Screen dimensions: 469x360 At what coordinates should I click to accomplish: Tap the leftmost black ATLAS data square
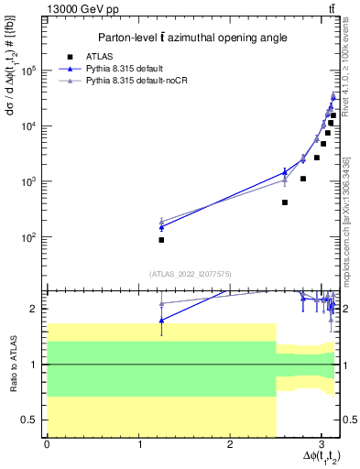(x=161, y=240)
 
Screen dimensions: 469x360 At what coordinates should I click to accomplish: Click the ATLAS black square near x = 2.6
(x=285, y=202)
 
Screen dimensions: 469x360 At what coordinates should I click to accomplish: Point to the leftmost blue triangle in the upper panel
(x=161, y=226)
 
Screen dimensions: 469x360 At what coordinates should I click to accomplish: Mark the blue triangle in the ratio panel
(x=161, y=320)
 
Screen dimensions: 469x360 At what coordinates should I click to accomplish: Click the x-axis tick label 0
(x=47, y=443)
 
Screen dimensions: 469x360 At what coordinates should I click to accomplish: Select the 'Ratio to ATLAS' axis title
(x=13, y=364)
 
